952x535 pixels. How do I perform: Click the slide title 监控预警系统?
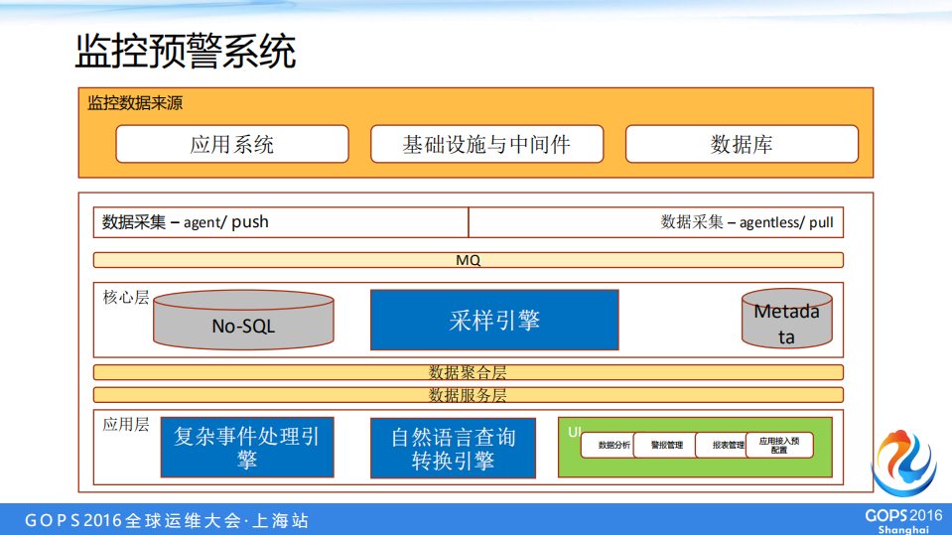(186, 52)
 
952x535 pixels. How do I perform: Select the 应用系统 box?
(232, 144)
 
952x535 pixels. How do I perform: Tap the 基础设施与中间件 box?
(486, 144)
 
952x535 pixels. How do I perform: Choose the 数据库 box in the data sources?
(742, 144)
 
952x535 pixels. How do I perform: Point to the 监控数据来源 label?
(135, 103)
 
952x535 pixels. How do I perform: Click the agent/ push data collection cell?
(281, 222)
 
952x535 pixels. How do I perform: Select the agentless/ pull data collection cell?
(655, 222)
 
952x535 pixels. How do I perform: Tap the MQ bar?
(469, 260)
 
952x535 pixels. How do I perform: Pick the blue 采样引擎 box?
(494, 320)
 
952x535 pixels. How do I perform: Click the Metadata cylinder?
(786, 322)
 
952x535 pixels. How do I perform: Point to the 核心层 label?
(126, 297)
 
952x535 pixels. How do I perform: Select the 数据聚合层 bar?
(469, 372)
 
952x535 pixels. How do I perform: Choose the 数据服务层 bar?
(469, 394)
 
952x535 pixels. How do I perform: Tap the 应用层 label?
(126, 424)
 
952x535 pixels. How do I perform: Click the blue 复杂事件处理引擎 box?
(247, 448)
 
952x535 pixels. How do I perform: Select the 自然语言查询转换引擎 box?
(454, 448)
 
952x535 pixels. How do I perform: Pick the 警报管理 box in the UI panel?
(666, 446)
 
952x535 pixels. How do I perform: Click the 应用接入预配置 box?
(779, 445)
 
